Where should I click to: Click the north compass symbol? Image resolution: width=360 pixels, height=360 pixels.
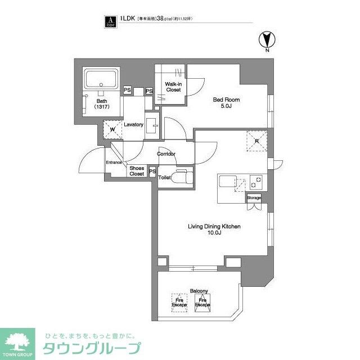pyautogui.click(x=267, y=40)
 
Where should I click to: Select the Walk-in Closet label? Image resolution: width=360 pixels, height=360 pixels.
pyautogui.click(x=173, y=87)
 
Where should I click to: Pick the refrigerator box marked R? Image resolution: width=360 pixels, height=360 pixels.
pyautogui.click(x=256, y=141)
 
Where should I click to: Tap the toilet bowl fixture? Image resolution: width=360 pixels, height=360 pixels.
pyautogui.click(x=181, y=178)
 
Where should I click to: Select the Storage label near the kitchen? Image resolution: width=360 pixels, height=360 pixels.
pyautogui.click(x=254, y=198)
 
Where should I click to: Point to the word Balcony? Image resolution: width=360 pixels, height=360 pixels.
pyautogui.click(x=199, y=291)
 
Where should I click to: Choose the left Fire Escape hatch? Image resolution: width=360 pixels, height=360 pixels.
pyautogui.click(x=179, y=303)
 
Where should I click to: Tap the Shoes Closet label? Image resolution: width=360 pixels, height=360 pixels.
pyautogui.click(x=137, y=171)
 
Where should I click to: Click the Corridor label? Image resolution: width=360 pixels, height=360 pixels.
pyautogui.click(x=166, y=154)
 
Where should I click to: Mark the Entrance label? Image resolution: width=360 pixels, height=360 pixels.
pyautogui.click(x=114, y=163)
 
